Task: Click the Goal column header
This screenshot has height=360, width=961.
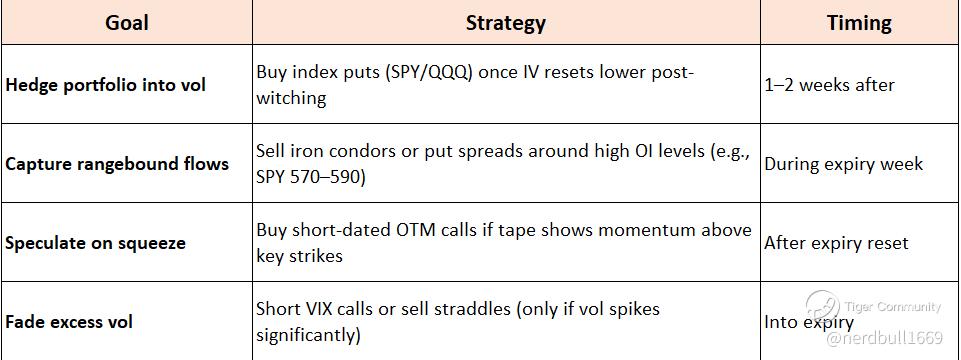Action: click(127, 23)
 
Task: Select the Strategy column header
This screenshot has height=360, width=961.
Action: click(506, 23)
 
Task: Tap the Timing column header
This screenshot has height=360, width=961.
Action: click(859, 23)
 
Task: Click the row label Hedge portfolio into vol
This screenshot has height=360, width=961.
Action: click(105, 85)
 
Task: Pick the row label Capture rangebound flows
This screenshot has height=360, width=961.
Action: click(117, 164)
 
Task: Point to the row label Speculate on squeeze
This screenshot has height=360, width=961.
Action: click(95, 243)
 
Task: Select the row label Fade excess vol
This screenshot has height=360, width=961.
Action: click(69, 322)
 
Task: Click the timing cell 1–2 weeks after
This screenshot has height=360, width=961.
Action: click(829, 85)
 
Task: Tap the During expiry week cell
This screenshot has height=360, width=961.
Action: click(843, 164)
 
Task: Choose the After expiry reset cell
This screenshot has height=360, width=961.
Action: click(836, 243)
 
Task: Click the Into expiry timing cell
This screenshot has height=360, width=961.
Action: click(808, 322)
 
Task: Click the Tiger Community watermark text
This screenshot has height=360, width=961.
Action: click(892, 307)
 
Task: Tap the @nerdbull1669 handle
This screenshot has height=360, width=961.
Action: click(884, 338)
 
